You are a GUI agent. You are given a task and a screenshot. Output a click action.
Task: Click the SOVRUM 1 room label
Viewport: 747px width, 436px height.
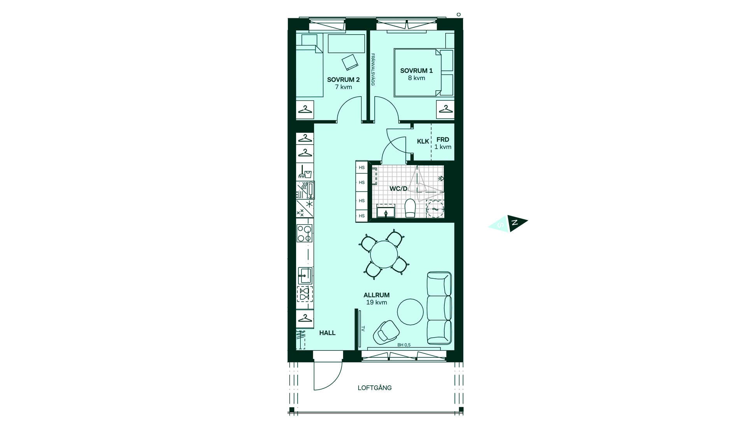click(x=416, y=71)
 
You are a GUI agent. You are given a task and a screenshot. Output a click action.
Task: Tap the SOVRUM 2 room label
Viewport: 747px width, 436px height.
click(x=343, y=80)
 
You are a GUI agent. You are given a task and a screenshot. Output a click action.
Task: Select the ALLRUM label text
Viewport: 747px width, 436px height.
click(x=377, y=295)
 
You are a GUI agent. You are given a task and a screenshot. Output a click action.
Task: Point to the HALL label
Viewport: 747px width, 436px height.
click(x=327, y=333)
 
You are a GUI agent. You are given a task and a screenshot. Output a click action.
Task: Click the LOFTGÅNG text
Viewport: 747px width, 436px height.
click(x=375, y=388)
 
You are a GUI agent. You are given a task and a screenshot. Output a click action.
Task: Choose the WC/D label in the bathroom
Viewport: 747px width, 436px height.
click(x=398, y=189)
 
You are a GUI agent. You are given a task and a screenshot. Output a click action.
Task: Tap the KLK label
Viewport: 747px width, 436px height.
click(x=423, y=141)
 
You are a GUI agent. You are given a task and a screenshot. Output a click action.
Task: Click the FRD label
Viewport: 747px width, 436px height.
click(x=443, y=139)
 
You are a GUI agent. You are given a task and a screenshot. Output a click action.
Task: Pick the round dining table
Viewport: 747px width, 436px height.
click(x=384, y=254)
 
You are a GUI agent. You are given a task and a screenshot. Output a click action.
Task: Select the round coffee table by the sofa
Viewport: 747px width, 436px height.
click(x=410, y=311)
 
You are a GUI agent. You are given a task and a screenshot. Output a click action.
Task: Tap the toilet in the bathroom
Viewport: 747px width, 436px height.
click(x=410, y=208)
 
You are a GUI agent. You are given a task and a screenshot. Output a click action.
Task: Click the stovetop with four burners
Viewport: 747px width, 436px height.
click(x=304, y=233)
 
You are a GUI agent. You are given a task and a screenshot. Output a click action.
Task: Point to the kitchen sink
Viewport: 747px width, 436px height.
click(x=305, y=276)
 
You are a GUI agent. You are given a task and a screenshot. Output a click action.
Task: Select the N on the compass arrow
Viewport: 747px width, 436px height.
click(x=515, y=223)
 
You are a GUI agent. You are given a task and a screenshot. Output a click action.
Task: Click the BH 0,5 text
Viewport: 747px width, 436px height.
click(x=404, y=345)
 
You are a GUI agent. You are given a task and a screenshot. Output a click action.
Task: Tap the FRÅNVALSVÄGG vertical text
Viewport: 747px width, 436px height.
click(x=373, y=70)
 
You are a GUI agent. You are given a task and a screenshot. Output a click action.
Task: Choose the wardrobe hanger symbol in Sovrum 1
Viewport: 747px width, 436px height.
click(x=445, y=109)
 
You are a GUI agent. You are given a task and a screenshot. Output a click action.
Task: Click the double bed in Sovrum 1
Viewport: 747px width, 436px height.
click(x=424, y=72)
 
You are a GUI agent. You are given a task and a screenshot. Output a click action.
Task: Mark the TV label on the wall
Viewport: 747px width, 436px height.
click(x=363, y=329)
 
